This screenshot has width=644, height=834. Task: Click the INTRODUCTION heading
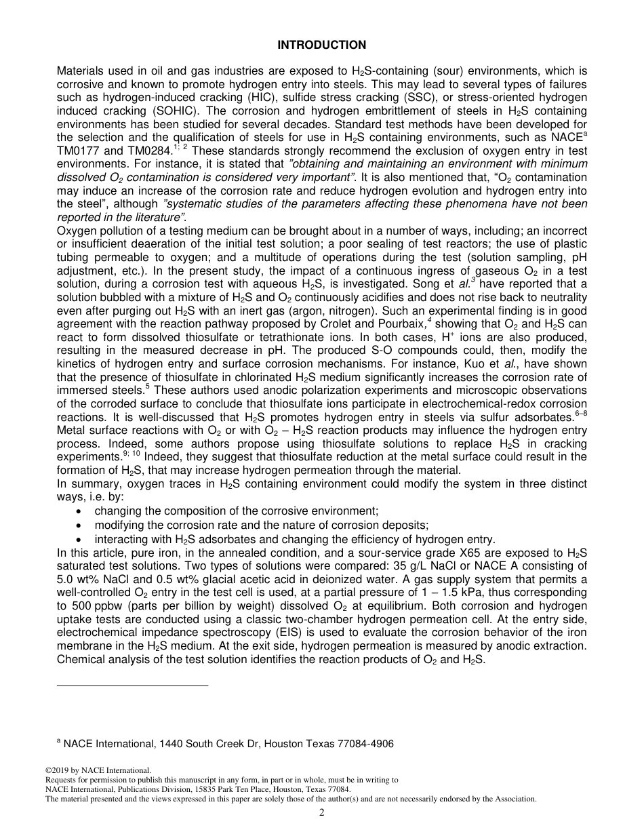click(x=322, y=45)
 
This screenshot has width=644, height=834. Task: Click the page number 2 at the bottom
click(x=322, y=813)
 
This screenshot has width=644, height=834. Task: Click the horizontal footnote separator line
click(x=133, y=686)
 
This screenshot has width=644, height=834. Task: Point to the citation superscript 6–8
click(x=580, y=401)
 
